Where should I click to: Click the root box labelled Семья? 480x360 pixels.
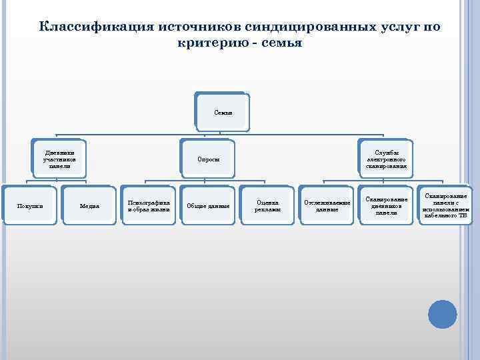(223, 112)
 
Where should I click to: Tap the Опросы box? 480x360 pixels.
(208, 159)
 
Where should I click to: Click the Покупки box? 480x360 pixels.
(29, 206)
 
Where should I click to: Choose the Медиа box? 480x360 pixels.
(89, 206)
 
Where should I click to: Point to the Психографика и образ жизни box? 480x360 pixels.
(148, 206)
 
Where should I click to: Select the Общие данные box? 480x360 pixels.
(208, 206)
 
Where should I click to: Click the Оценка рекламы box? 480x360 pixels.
(267, 206)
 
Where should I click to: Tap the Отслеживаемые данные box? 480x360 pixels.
(327, 206)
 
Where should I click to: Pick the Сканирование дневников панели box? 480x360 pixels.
(385, 205)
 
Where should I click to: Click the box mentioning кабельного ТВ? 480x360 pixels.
(445, 205)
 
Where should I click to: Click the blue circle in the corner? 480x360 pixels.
(442, 314)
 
